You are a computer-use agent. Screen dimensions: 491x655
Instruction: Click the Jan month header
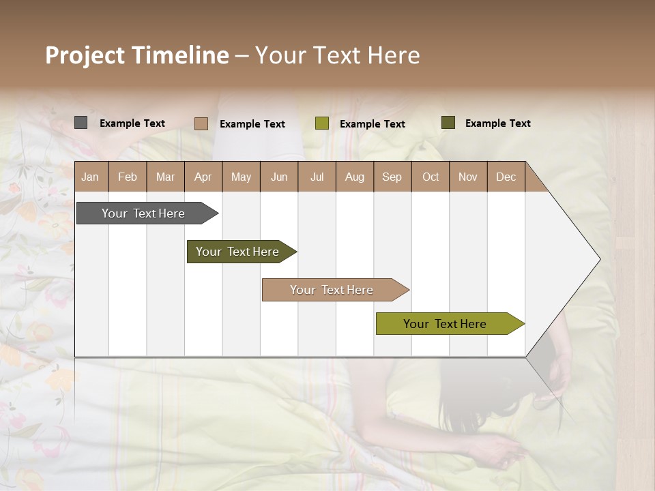(x=90, y=177)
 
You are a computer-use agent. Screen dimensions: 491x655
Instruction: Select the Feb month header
(x=128, y=177)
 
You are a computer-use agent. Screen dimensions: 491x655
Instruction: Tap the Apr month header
(x=203, y=177)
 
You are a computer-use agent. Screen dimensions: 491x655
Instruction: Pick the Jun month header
(x=279, y=177)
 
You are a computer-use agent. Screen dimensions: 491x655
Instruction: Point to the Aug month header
(x=355, y=177)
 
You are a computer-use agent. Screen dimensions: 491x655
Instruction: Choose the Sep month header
(x=392, y=177)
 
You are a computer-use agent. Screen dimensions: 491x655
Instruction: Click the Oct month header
(x=431, y=177)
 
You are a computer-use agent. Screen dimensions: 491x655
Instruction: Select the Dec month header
(x=506, y=177)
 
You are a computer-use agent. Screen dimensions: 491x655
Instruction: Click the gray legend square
(x=81, y=123)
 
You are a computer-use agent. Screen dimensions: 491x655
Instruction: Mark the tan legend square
(x=201, y=123)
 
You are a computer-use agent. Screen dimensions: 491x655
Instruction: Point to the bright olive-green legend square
(x=322, y=123)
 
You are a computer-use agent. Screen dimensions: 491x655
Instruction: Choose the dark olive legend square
(x=448, y=123)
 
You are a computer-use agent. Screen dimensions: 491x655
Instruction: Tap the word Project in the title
(x=85, y=55)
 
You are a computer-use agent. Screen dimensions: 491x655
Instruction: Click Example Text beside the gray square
(x=132, y=123)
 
